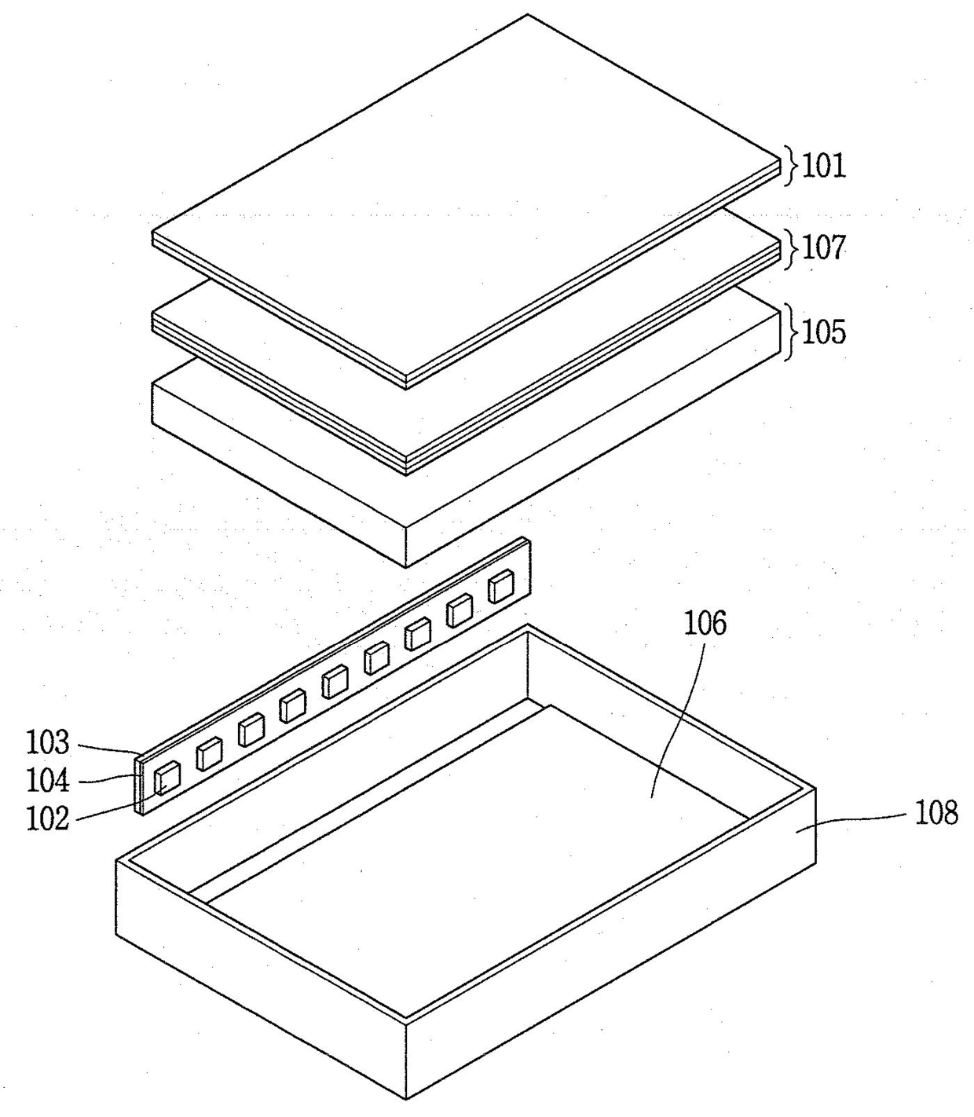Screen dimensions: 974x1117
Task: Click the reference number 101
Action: tap(824, 166)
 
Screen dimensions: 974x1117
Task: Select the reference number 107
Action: tap(824, 248)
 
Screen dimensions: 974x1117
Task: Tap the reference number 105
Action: tap(824, 332)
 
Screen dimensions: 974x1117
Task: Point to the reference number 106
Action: tap(705, 624)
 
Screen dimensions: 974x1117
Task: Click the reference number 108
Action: tap(937, 812)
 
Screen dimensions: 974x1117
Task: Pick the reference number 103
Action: tap(48, 742)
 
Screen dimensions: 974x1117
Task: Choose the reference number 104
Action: tap(48, 781)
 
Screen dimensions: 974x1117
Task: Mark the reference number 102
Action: tap(48, 819)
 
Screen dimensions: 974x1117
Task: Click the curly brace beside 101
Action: tap(790, 166)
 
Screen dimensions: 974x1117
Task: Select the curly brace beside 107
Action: tap(790, 248)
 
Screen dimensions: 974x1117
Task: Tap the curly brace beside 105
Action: tap(790, 332)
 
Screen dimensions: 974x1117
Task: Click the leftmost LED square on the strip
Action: tap(167, 778)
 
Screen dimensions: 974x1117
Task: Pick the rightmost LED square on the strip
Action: tap(500, 587)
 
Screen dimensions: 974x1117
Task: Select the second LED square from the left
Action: tap(210, 754)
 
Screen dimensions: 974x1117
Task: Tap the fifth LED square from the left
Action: tap(335, 682)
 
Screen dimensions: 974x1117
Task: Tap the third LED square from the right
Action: tap(418, 634)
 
